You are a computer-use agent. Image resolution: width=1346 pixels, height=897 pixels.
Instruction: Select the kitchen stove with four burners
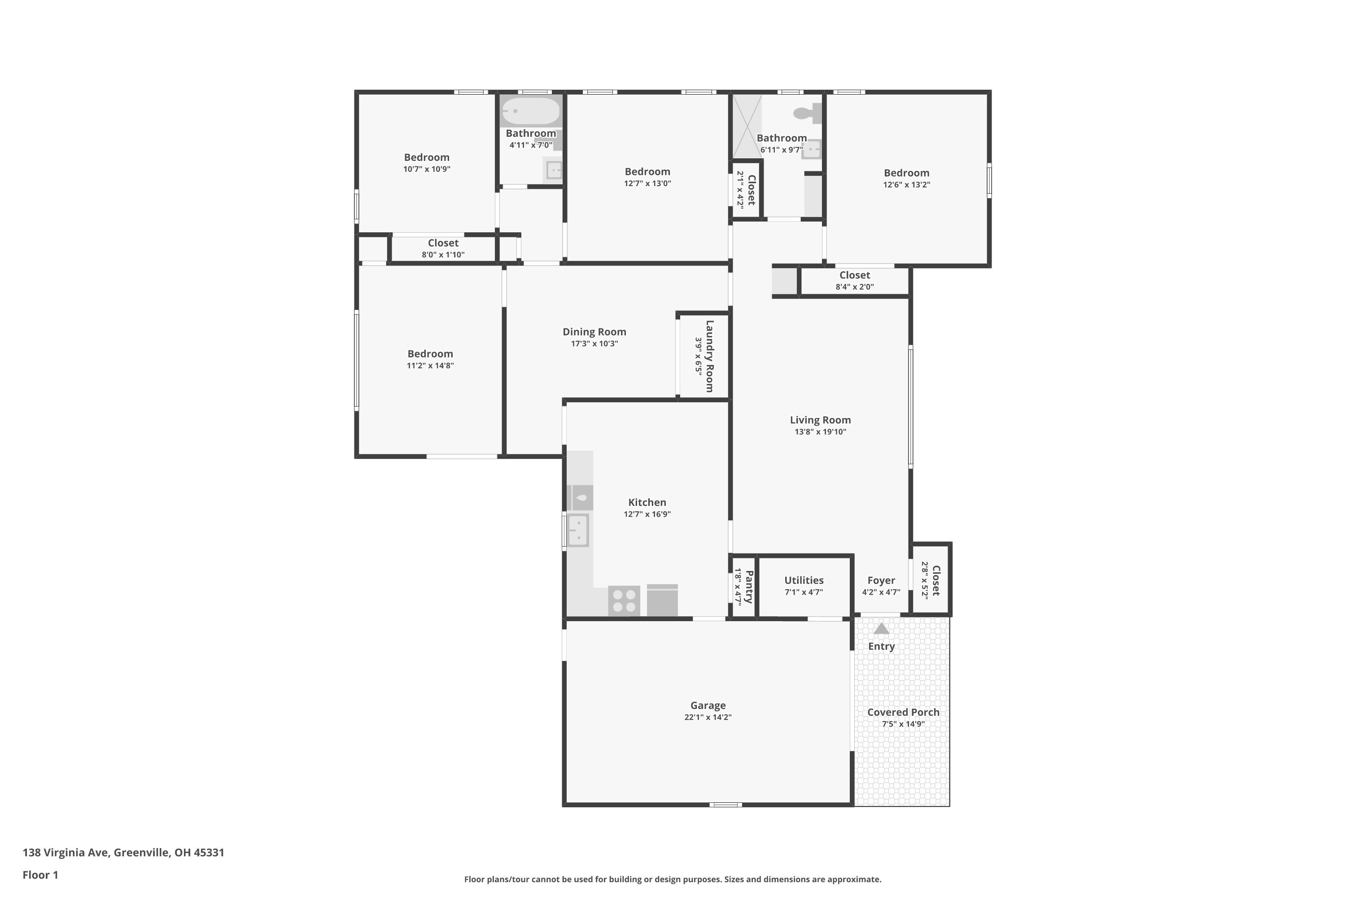[624, 601]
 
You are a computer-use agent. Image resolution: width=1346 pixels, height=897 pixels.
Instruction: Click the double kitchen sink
[578, 530]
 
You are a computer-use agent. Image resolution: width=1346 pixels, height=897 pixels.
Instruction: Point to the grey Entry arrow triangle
[881, 629]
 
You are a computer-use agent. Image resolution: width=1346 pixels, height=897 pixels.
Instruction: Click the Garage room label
[708, 705]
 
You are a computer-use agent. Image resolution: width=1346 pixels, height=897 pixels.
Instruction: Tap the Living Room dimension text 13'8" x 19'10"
[820, 432]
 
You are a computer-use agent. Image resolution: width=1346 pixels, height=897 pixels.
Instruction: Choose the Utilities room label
[804, 580]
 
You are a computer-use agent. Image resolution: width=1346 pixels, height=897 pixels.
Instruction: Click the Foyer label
[881, 580]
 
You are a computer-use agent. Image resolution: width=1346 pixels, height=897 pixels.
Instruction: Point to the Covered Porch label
[903, 712]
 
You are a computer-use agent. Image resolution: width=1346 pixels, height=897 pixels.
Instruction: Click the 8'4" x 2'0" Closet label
[854, 275]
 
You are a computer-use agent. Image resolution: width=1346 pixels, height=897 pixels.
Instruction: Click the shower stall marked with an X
[747, 126]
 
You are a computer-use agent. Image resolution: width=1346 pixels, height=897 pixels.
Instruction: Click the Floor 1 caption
[40, 875]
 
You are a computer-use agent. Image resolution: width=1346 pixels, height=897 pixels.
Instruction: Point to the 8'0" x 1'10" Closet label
[443, 243]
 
